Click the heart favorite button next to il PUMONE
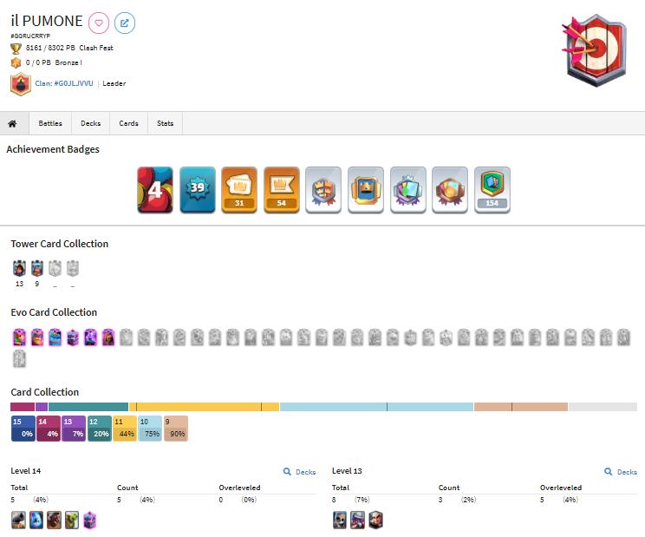(99, 22)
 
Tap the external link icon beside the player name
(125, 22)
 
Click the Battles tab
(50, 123)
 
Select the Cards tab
(128, 123)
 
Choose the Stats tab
(165, 123)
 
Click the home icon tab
(13, 123)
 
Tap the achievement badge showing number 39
(197, 189)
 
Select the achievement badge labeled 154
(492, 189)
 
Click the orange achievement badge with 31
(238, 189)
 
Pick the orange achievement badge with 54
(281, 189)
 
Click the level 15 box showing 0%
(23, 429)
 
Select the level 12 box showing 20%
(99, 429)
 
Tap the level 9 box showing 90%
(175, 429)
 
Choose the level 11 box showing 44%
(124, 429)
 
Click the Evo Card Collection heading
(54, 312)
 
